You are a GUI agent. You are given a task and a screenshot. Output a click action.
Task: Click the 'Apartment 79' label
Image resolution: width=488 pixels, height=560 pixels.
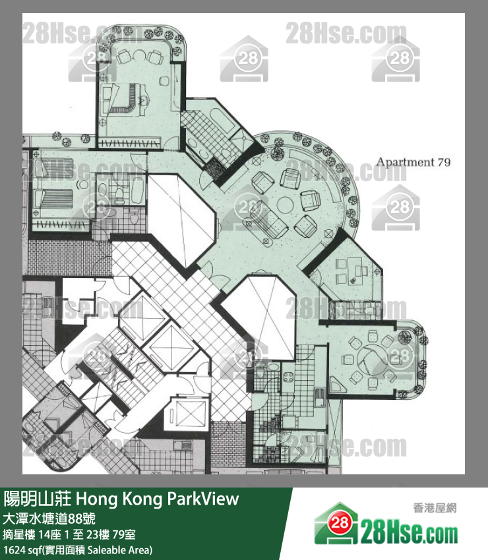[x=413, y=162]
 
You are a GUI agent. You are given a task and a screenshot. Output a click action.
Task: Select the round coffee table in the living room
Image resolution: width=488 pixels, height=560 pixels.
[x=286, y=205]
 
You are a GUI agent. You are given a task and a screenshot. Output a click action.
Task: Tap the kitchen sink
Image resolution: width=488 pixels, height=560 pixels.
[x=320, y=397]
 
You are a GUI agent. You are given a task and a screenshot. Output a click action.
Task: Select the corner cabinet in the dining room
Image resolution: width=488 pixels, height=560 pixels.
[x=336, y=385]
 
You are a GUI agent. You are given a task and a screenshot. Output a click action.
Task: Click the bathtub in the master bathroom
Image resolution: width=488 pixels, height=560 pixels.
[x=222, y=121]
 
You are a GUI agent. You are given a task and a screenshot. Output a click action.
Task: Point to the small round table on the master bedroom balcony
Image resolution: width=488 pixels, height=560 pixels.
[x=138, y=55]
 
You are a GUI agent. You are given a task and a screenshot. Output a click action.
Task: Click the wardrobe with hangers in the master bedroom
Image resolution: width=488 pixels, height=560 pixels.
[x=129, y=143]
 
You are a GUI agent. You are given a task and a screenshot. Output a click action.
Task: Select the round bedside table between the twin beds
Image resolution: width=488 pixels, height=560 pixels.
[x=82, y=184]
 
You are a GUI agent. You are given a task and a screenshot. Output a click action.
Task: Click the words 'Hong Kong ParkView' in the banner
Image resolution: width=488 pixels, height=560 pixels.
[x=158, y=499]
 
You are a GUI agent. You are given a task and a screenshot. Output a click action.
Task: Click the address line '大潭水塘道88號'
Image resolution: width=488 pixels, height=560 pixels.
[x=49, y=518]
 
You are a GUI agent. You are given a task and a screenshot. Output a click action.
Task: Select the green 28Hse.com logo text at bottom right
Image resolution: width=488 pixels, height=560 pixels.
[x=409, y=532]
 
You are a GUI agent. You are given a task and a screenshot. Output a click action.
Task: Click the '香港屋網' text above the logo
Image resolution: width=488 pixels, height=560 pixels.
[x=435, y=507]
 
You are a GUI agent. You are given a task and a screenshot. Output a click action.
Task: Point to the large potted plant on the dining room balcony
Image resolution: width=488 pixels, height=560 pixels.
[x=404, y=337]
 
